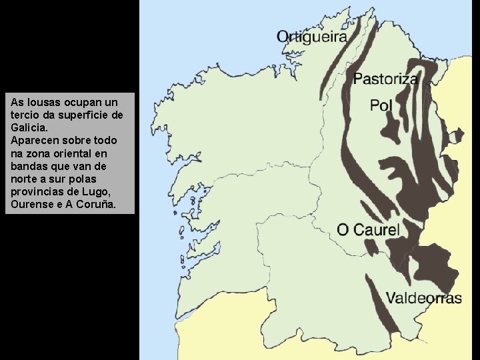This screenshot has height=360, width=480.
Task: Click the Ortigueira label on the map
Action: [311, 37]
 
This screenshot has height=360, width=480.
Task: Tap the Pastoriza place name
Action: [385, 79]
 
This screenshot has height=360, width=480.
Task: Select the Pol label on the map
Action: [381, 105]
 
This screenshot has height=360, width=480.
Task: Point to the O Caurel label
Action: [368, 231]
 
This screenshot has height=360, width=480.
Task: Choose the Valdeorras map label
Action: [423, 298]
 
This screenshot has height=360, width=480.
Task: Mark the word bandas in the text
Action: [29, 166]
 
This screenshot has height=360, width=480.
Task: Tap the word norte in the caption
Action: [25, 179]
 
